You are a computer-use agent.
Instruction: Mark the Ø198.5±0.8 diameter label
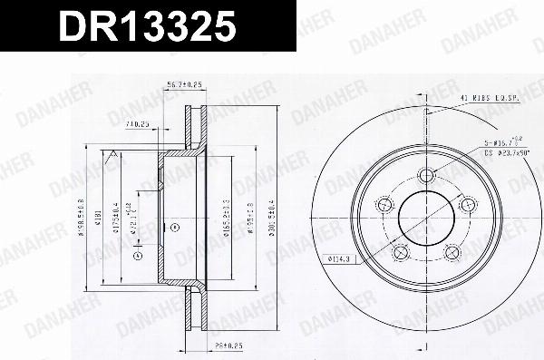83,217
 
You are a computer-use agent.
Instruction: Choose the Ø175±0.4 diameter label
114,217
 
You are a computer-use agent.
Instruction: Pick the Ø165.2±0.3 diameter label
224,217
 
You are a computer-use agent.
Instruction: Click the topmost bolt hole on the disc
424,176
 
